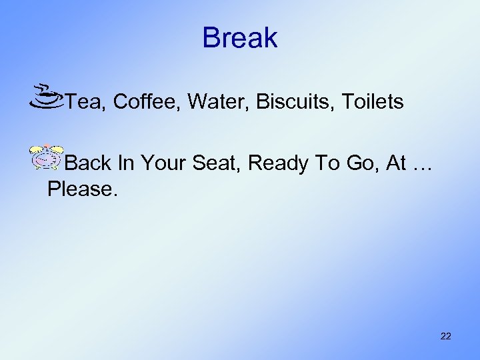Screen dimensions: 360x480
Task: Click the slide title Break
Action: (240, 38)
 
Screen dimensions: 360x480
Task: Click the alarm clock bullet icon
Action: (46, 156)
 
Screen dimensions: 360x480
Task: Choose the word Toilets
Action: (372, 102)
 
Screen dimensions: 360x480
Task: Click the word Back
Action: (90, 163)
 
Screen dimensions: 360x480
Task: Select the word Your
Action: (163, 163)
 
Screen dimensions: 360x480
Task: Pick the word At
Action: (396, 163)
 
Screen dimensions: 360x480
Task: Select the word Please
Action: (79, 189)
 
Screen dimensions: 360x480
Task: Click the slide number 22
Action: (446, 336)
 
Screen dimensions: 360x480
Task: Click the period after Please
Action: (115, 195)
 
